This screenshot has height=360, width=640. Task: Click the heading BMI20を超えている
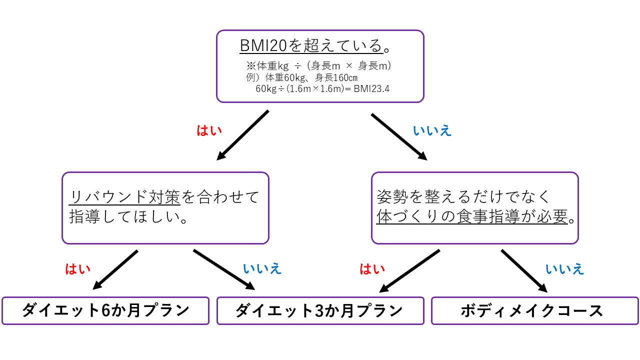(311, 46)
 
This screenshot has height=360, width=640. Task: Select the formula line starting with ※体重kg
(318, 65)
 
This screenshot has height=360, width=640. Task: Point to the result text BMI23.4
(371, 89)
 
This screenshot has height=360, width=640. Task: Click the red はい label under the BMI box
(209, 131)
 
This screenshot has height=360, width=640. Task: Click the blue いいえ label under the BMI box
(432, 131)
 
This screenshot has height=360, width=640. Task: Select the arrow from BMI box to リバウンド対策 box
(243, 135)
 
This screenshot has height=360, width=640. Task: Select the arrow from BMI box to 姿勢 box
(398, 136)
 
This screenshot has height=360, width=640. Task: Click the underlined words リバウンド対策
(124, 197)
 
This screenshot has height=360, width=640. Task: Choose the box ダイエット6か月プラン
(105, 310)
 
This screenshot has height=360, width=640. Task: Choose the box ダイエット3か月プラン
(320, 310)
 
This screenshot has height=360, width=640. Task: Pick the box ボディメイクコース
(534, 310)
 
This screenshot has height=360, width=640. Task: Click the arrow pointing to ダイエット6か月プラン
(115, 270)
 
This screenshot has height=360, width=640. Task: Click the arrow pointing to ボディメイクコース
(524, 271)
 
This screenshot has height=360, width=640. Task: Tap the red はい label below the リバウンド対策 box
(78, 269)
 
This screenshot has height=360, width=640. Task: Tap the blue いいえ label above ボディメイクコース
(564, 269)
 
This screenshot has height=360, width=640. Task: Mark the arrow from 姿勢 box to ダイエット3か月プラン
(409, 271)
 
